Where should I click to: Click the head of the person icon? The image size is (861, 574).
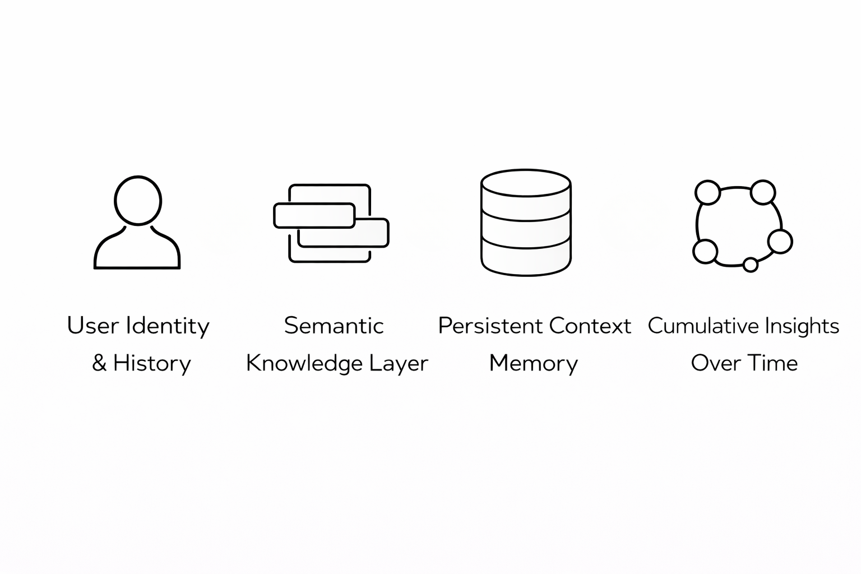(138, 201)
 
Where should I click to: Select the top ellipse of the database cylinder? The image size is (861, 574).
(526, 183)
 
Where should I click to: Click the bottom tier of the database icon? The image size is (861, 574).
(526, 260)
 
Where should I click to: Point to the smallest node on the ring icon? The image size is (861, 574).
(750, 264)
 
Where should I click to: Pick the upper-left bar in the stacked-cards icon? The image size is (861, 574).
(314, 216)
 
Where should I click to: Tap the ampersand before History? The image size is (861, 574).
(99, 363)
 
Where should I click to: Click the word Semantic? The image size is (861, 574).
(334, 326)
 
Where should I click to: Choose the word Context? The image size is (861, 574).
(590, 326)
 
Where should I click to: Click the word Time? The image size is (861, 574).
(772, 363)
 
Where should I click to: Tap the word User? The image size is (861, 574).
(92, 326)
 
